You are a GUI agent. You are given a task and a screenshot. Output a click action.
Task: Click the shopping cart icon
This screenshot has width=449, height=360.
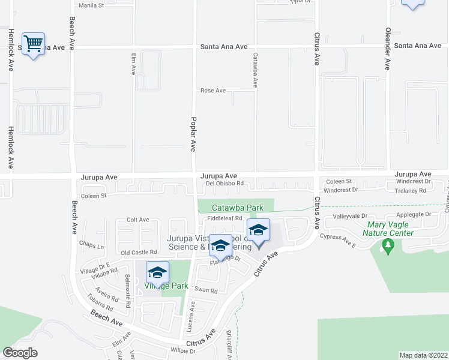pos(34,44)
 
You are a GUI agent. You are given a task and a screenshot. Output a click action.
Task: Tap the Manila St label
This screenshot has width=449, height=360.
pos(92,5)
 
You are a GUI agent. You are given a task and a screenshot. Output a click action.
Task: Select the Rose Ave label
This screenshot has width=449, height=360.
pos(213,91)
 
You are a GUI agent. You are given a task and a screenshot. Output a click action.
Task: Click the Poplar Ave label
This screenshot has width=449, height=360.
pos(193,133)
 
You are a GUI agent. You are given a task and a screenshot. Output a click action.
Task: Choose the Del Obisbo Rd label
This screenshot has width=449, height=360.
pos(224,184)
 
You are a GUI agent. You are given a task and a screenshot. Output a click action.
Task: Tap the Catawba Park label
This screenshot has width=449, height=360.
pos(237,208)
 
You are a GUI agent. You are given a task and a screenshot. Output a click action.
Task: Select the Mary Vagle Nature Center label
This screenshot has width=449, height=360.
pos(390,229)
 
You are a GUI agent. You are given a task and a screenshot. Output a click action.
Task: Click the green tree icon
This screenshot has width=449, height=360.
pos(388,246)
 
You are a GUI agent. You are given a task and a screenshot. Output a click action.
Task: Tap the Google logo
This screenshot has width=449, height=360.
pos(20,352)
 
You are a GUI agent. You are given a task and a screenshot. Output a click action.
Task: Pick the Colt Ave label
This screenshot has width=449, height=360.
pos(137,220)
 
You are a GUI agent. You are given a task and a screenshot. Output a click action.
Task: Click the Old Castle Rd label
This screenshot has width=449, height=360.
pos(139,253)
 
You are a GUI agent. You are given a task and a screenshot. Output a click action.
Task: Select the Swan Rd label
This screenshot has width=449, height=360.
pos(205,290)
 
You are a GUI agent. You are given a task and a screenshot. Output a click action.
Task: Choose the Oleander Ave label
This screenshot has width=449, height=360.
pos(388,48)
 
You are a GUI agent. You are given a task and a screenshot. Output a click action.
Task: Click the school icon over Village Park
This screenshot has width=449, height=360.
pos(157,273)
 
